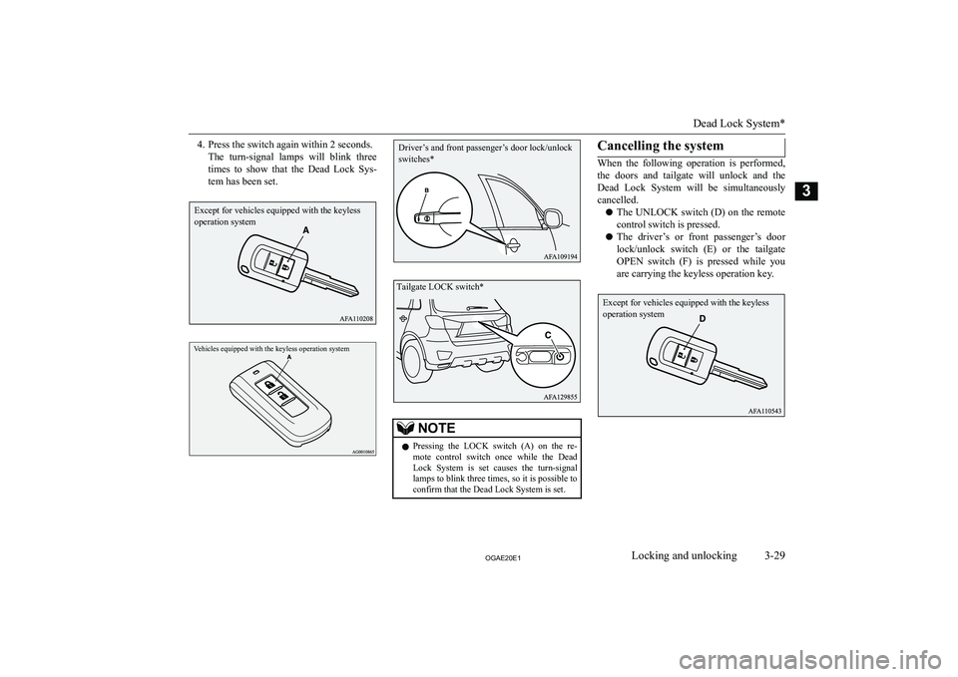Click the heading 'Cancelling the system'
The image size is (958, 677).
point(660,146)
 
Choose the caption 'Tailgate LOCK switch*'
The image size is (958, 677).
point(440,287)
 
